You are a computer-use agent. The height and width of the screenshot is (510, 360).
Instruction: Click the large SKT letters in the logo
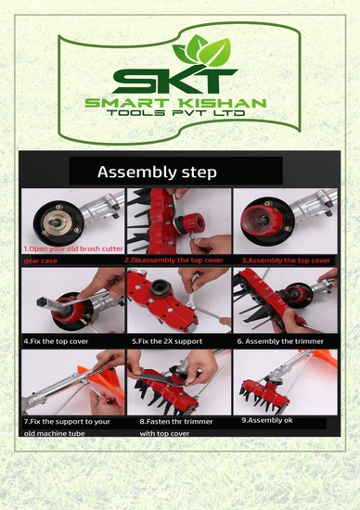[175, 80]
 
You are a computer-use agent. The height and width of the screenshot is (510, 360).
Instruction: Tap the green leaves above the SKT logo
[202, 50]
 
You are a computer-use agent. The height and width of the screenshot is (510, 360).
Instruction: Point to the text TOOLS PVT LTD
[176, 113]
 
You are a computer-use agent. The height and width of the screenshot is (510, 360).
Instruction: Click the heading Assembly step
[157, 172]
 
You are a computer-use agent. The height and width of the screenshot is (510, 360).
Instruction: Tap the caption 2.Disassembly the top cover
[174, 261]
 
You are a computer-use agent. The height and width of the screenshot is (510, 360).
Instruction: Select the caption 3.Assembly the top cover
[286, 261]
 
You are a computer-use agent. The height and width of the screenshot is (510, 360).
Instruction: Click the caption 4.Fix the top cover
[56, 341]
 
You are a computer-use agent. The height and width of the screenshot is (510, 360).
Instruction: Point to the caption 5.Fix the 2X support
[167, 341]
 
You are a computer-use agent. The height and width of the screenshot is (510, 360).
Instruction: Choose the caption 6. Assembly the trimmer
[280, 341]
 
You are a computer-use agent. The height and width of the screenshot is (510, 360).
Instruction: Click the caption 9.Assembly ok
[267, 420]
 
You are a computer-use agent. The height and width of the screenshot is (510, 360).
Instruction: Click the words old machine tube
[54, 434]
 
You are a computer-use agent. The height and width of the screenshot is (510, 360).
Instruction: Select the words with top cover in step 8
[164, 434]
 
